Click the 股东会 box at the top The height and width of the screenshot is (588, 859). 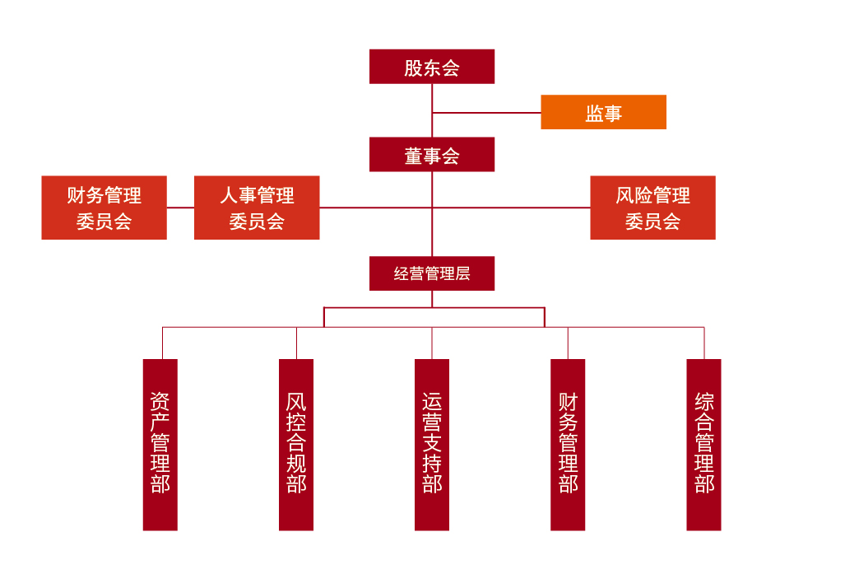[431, 67]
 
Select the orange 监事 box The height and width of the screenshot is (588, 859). [603, 112]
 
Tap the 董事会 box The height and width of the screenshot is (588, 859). [431, 155]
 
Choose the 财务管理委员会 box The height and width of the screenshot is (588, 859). [104, 208]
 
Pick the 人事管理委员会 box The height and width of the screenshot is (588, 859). [257, 208]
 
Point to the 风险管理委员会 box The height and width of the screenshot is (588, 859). [652, 208]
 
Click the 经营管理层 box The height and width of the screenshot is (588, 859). [431, 273]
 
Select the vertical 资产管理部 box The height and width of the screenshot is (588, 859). [160, 445]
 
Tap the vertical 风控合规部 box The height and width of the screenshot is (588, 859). [296, 445]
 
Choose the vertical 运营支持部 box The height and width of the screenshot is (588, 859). [432, 445]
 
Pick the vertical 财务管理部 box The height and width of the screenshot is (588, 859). [568, 445]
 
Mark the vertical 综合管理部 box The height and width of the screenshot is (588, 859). [703, 445]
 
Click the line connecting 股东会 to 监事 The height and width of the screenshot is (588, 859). [485, 112]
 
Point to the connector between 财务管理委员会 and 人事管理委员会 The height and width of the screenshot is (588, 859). [180, 208]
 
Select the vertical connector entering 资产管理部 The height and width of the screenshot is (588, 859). [162, 343]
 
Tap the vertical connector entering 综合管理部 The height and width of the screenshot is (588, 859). [704, 343]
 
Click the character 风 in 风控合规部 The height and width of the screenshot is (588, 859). [296, 402]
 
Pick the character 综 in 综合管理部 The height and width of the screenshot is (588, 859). [703, 402]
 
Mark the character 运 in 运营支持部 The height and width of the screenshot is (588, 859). [432, 402]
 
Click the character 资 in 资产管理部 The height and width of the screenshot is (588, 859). [160, 402]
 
